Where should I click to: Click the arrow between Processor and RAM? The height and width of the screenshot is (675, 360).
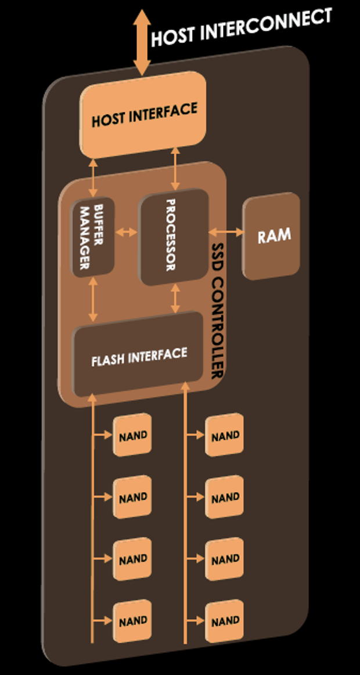226,232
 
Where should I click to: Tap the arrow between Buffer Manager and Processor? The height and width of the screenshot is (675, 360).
127,233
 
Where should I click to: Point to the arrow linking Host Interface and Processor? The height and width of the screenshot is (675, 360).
175,168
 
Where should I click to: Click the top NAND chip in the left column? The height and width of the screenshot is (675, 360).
132,435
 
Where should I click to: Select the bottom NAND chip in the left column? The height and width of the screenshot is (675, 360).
132,621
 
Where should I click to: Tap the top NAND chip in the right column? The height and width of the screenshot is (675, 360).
225,435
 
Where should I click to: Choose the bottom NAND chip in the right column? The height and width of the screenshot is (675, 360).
225,621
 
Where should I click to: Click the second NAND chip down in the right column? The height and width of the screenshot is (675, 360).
225,497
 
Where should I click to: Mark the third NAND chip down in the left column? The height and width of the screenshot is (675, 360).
132,560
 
